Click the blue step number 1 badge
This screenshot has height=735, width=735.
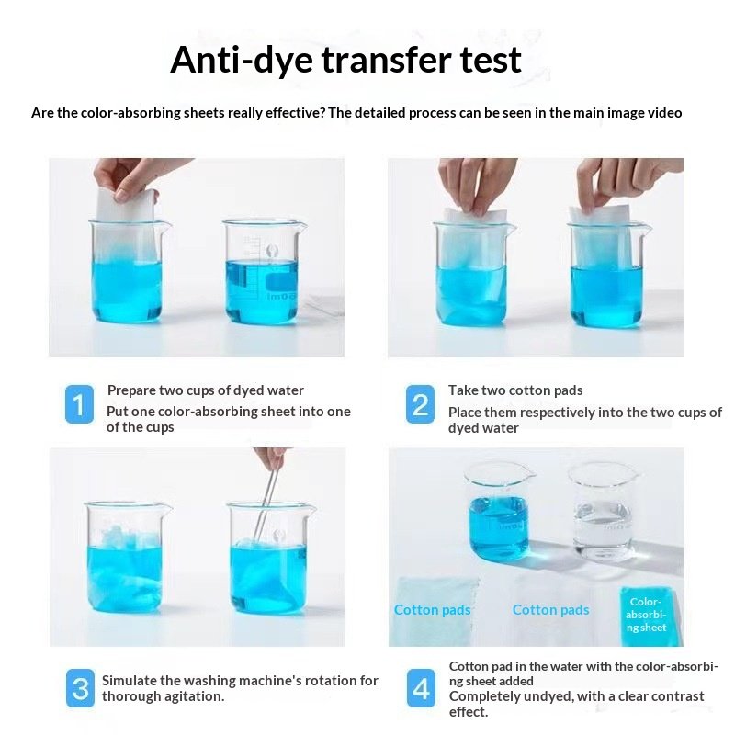click(79, 404)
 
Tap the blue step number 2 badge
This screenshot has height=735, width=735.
click(420, 404)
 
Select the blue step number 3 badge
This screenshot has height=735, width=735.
click(80, 688)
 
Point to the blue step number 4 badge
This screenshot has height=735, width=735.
click(421, 688)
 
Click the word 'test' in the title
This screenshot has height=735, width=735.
click(491, 60)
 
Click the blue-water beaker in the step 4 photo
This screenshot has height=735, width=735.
click(499, 511)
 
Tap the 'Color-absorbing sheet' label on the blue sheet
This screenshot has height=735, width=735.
click(646, 615)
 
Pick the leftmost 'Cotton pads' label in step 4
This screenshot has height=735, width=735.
click(432, 610)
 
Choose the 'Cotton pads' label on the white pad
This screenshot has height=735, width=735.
click(550, 610)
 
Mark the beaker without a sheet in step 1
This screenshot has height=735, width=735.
click(262, 272)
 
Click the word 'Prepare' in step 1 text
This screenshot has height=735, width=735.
click(131, 390)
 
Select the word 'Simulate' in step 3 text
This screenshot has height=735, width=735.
click(130, 680)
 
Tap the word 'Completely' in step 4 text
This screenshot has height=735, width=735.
click(483, 696)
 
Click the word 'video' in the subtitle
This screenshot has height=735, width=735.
click(664, 113)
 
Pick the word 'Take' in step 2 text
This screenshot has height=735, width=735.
click(462, 390)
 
